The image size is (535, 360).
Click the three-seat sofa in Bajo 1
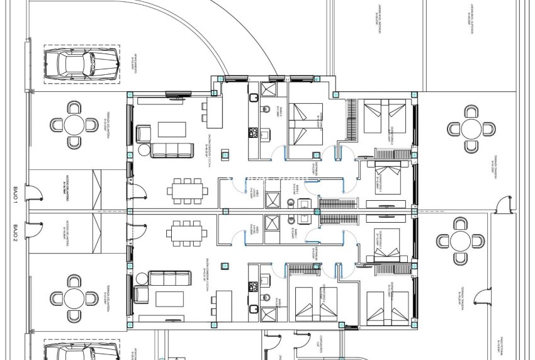[171, 150]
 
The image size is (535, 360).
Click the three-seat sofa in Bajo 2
[170, 278]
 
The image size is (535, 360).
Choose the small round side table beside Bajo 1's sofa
[144, 150]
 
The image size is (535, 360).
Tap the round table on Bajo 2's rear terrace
[461, 241]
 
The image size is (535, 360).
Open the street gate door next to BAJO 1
[30, 194]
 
